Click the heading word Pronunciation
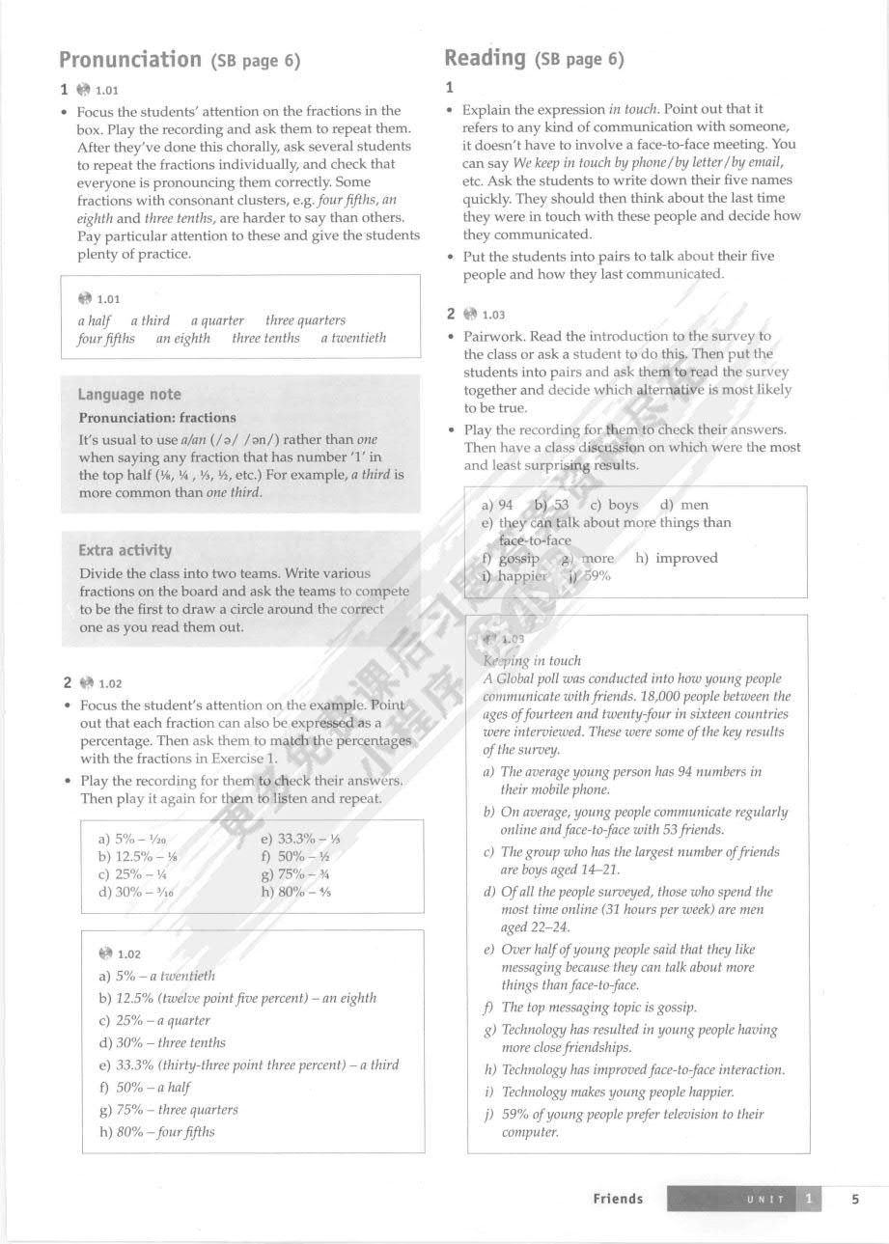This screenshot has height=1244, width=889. pos(130,60)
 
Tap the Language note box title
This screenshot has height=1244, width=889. pos(129,394)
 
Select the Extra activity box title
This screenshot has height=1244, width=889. pos(125,550)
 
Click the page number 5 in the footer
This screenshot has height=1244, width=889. pos(855,1199)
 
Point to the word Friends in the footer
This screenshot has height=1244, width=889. pos(618,1199)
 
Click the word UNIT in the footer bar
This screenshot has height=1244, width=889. pos(765,1200)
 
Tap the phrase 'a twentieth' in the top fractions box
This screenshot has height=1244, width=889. pos(353,338)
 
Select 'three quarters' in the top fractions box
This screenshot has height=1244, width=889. pos(305,320)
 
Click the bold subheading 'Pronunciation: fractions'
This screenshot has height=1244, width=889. pos(157,418)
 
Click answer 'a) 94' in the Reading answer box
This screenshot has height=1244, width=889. pos(497,505)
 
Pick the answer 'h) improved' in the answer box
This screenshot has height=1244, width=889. pos(677,558)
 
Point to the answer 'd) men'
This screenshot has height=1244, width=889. pos(684,505)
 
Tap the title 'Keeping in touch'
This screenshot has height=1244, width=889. pos(531,661)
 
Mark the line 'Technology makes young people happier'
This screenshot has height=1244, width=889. pos(618,1092)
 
